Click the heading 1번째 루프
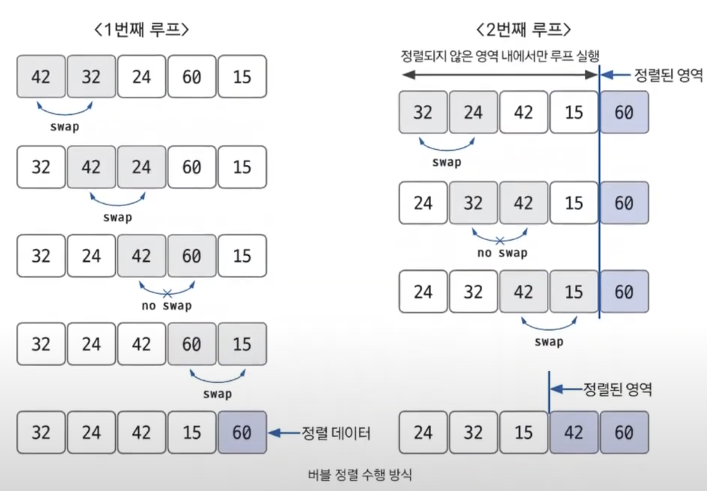tap(142, 30)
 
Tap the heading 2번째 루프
tap(523, 30)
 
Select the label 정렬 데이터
tap(336, 433)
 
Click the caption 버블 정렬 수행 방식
tap(360, 475)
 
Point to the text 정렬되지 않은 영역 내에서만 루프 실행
tap(500, 55)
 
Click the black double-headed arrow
tap(499, 75)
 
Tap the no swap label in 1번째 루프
tap(167, 306)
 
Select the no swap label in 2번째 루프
tap(502, 253)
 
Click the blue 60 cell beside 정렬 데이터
tap(242, 433)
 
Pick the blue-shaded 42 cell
tap(574, 433)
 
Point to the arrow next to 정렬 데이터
tap(284, 433)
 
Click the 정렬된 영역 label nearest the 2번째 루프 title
tap(668, 75)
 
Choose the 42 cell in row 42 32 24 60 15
tap(41, 76)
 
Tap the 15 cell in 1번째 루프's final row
tap(192, 433)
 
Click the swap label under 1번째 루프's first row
tap(64, 126)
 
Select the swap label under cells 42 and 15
tap(549, 342)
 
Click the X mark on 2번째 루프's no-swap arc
tap(499, 241)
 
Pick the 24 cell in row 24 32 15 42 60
tap(423, 433)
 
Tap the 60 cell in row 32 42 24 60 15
tap(192, 167)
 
